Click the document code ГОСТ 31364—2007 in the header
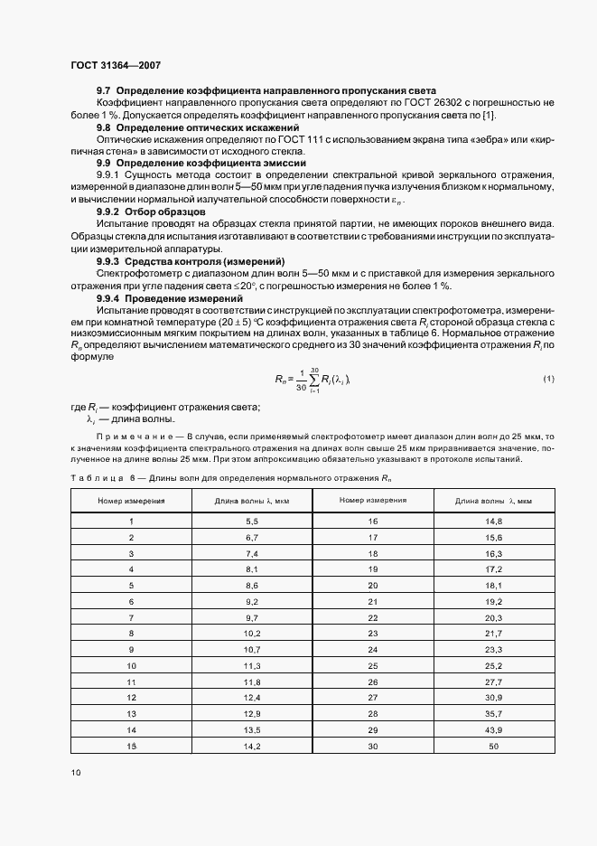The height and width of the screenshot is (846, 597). (115, 66)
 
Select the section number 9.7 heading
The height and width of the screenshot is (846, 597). (104, 91)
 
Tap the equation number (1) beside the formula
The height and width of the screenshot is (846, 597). (549, 378)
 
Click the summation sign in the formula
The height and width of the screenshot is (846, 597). (316, 379)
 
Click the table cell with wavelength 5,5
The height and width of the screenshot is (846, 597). (252, 522)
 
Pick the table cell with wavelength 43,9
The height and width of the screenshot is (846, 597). (492, 728)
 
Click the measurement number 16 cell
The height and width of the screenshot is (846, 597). (373, 522)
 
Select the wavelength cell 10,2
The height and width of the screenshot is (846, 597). (252, 634)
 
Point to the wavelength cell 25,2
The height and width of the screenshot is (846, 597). (492, 665)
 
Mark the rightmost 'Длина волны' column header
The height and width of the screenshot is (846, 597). (492, 500)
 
